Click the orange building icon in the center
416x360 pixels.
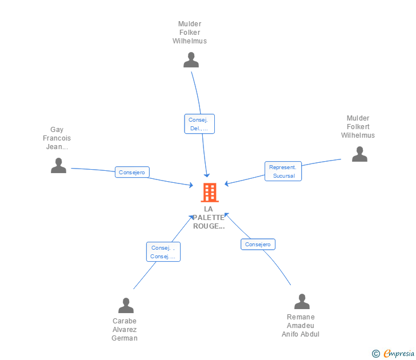pos(210,193)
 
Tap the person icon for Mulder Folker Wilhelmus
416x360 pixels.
pos(191,60)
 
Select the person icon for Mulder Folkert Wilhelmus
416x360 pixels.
pos(359,154)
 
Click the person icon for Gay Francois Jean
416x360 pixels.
pos(58,166)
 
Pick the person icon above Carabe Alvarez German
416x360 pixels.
pos(126,306)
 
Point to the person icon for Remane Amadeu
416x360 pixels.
pos(302,302)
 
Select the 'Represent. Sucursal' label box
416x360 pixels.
pos(283,171)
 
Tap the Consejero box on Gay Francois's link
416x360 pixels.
pos(132,172)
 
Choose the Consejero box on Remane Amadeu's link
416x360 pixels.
pos(258,245)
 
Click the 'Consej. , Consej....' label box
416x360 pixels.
pos(163,252)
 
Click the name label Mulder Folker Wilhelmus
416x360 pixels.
pos(190,33)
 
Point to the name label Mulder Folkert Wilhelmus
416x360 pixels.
pos(358,127)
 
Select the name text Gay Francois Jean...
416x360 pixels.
pos(57,138)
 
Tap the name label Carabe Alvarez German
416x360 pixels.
pos(125,330)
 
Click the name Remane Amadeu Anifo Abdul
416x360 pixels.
pos(301,326)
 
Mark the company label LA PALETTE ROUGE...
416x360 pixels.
pos(209,218)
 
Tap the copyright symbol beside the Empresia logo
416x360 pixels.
pos(376,354)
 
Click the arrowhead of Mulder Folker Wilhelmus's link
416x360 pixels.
pos(207,175)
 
